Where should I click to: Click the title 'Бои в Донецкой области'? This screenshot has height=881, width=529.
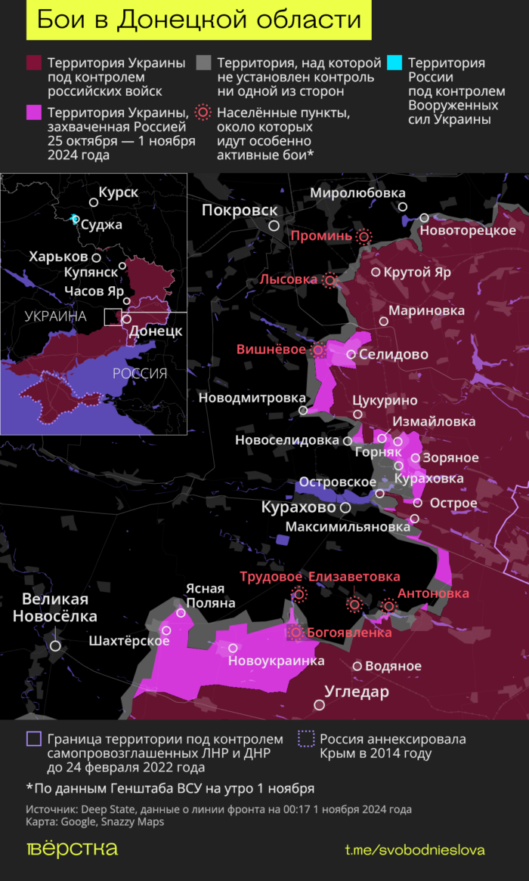click(199, 20)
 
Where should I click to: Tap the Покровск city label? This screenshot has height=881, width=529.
click(240, 211)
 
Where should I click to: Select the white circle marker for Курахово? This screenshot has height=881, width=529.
click(345, 508)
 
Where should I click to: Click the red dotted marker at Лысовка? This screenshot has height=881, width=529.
click(329, 281)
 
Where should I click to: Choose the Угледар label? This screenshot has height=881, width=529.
click(356, 692)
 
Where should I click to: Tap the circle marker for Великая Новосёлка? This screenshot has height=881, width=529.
click(55, 645)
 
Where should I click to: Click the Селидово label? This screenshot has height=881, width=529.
click(393, 354)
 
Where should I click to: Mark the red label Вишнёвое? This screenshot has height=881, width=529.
click(271, 350)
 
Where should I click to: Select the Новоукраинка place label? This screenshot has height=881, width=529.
click(276, 661)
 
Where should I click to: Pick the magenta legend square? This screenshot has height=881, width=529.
click(34, 112)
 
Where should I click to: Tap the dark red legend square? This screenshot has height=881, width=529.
click(34, 63)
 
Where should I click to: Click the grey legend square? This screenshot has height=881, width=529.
click(203, 63)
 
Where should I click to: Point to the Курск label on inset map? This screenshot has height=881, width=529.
click(118, 193)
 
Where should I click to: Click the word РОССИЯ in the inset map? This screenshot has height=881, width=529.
click(140, 373)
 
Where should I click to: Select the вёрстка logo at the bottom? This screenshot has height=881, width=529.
click(73, 849)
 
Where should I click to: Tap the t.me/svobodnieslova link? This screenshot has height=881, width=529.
click(414, 850)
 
